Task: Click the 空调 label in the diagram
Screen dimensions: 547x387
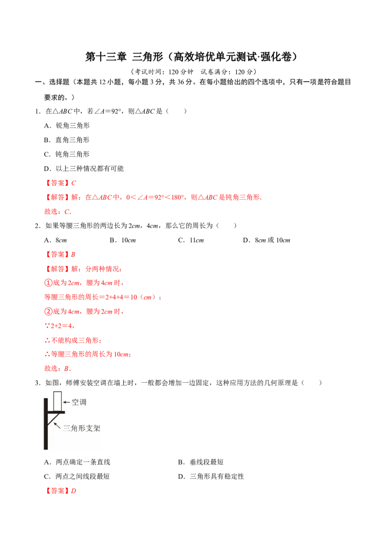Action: click(79, 402)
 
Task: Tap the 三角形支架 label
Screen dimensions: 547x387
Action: click(82, 428)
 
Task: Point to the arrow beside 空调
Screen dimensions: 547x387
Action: click(67, 402)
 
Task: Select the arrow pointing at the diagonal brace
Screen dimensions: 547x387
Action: click(57, 425)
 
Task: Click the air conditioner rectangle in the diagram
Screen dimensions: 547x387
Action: click(58, 401)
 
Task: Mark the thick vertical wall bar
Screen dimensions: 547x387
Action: click(45, 424)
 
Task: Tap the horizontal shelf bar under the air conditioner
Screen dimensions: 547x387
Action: click(56, 412)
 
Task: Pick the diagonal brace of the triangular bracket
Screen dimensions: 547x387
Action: click(52, 419)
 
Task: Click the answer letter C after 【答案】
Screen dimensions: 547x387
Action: click(74, 183)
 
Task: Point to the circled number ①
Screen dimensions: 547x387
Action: click(47, 283)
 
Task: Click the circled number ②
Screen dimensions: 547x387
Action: click(47, 312)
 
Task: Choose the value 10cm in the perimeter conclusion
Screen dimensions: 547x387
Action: click(123, 355)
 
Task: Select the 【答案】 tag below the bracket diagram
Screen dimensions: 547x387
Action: click(58, 491)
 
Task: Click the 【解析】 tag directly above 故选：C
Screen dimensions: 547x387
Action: click(58, 197)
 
